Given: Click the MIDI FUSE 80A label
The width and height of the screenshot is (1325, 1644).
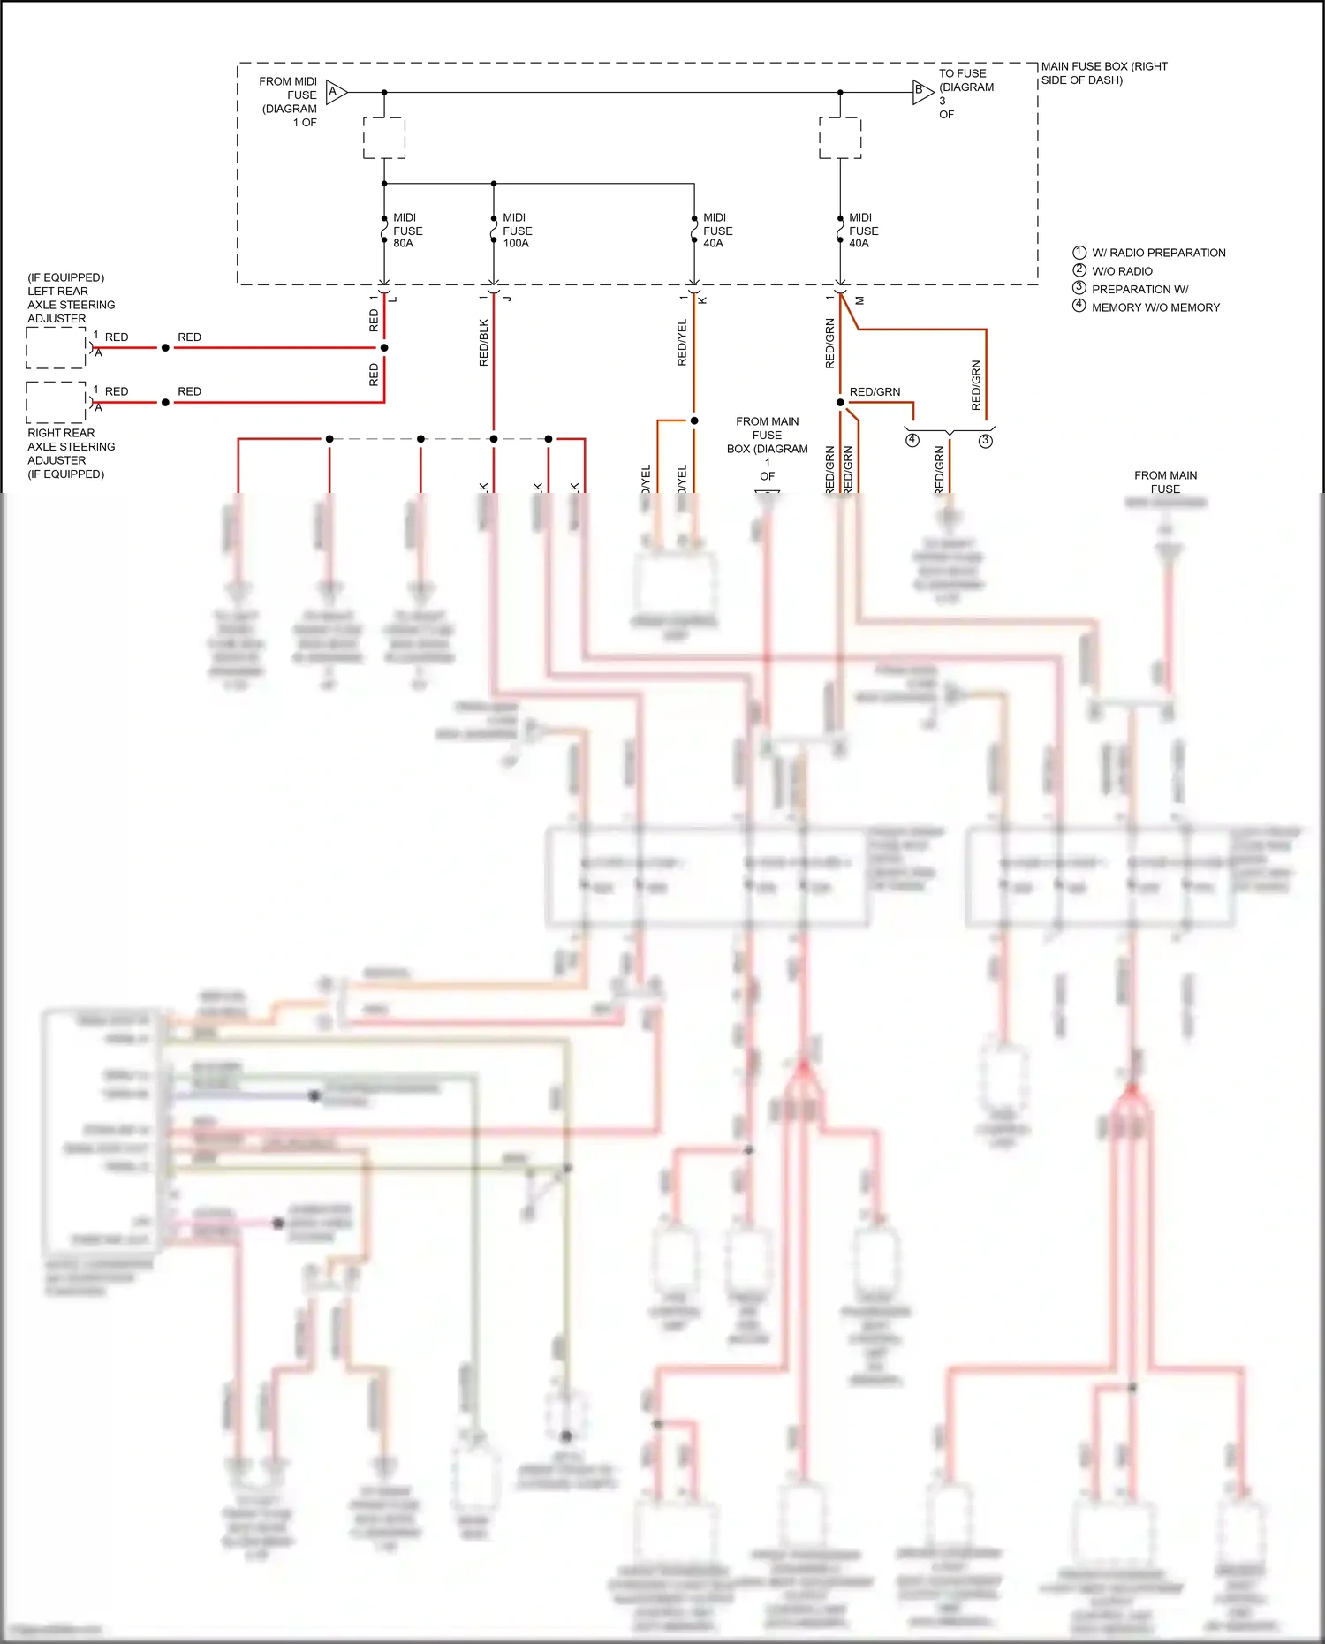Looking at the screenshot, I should [407, 231].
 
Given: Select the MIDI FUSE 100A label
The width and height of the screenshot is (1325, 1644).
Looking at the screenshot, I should [517, 231].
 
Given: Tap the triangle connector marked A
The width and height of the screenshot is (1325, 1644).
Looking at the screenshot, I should [336, 92].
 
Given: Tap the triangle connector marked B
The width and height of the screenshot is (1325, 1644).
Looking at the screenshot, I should [921, 91].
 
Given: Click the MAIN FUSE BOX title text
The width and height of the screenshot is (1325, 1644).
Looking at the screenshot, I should [1103, 73].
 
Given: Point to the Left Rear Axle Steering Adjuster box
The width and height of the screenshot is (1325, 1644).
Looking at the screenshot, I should [56, 348].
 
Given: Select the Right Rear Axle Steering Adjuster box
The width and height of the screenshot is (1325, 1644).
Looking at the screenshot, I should [56, 403].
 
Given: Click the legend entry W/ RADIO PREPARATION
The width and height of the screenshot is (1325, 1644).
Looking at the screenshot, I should [1158, 253].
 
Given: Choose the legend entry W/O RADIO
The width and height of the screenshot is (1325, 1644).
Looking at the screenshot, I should [1122, 271].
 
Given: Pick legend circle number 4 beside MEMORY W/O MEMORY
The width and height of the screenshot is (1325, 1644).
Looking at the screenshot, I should [1079, 306].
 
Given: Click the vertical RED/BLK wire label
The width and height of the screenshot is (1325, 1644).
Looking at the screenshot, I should [483, 344].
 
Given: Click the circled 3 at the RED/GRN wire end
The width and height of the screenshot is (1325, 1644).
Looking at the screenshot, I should [986, 440].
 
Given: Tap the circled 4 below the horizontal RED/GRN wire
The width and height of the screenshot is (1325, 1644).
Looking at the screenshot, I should [912, 440].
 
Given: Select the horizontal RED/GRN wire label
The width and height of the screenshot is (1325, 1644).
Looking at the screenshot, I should [874, 392].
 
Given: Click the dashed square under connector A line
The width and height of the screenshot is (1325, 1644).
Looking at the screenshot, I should [384, 139].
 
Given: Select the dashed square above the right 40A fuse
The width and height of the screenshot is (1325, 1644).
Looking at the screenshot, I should [840, 139].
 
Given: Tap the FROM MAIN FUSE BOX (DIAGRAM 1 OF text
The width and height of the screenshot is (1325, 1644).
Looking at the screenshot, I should [767, 449].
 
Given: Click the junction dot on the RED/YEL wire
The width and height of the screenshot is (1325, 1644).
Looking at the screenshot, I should [694, 420].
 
